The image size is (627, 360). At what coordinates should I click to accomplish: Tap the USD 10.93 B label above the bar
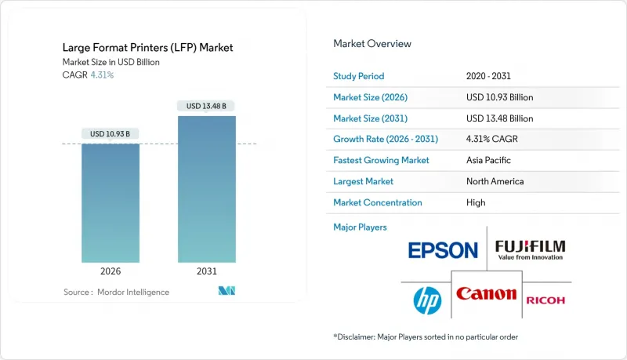click(x=111, y=134)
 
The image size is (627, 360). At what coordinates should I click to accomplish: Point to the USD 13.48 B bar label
click(x=207, y=106)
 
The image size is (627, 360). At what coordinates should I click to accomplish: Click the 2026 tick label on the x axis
click(x=111, y=271)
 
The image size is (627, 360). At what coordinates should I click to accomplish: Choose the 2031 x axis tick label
click(x=207, y=271)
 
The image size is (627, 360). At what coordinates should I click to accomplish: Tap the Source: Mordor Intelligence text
click(x=116, y=292)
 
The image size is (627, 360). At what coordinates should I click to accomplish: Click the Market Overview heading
click(x=372, y=43)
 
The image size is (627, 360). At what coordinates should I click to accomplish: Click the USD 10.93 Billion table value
click(x=499, y=97)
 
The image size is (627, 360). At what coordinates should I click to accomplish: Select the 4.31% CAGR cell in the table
click(x=491, y=139)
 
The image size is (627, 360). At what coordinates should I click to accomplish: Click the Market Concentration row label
click(x=378, y=202)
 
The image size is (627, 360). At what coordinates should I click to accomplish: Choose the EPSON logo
click(x=443, y=250)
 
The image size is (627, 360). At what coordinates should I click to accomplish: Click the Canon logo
click(x=486, y=295)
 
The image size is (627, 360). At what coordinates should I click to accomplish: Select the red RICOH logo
click(x=545, y=300)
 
